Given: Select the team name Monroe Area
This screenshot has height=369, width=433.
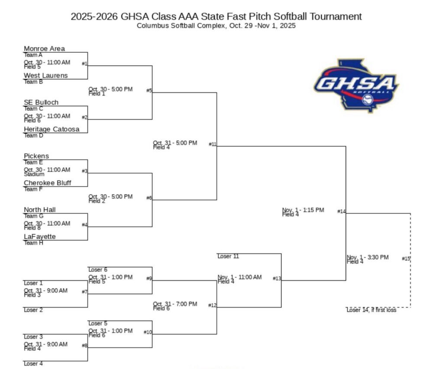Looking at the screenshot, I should pos(44,49).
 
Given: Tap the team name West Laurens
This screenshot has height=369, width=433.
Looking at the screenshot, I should pos(45,76).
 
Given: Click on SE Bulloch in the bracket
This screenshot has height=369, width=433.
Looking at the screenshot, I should pos(41,102).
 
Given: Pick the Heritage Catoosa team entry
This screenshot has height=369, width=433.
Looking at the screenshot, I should pos(52,129).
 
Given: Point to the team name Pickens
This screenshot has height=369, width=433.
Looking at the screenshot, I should pos(36,156).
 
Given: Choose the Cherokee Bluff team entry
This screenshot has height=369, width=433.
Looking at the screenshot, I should pos(47,183).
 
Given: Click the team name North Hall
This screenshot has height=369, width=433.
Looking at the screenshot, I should pos(40,210).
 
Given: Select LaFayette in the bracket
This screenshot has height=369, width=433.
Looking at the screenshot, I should pos(40,236).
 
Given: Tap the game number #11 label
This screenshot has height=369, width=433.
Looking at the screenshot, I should pos(212,144).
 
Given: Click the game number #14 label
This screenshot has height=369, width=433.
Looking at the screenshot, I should pos(341,211).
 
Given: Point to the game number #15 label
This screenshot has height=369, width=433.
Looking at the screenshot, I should pos(406,258).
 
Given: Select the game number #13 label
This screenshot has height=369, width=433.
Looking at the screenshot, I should pos(277,278).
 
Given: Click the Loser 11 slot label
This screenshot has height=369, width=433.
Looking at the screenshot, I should pos(228,256).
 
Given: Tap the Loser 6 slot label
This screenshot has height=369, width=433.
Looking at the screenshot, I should pos(98,270).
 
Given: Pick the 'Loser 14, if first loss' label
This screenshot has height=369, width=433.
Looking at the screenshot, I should pos(371,310).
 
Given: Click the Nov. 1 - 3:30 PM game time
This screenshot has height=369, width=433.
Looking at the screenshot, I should pos(368,258).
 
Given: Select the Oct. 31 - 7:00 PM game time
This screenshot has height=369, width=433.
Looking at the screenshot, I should pos(175,304).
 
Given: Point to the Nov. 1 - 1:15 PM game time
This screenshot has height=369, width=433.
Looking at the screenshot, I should pos(303,210).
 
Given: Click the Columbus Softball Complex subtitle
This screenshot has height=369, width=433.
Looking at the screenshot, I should pos(216,26).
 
